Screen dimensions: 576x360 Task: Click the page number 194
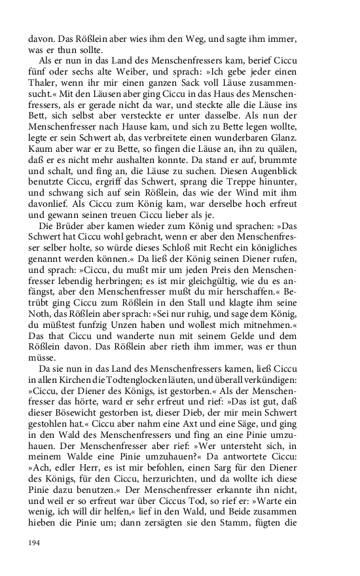pos(34,543)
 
